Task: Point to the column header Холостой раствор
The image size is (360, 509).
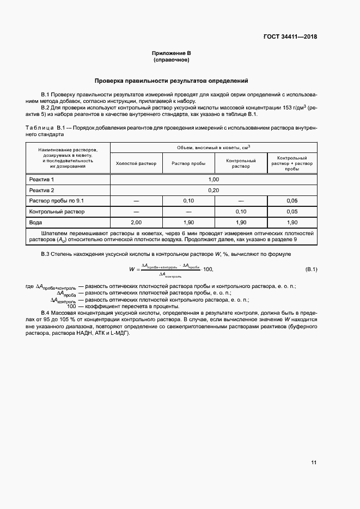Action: pyautogui.click(x=136, y=163)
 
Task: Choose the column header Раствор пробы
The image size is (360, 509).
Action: pyautogui.click(x=188, y=163)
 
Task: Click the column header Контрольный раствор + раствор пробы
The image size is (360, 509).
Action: pyautogui.click(x=291, y=163)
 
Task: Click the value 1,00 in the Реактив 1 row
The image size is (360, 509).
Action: pyautogui.click(x=213, y=179)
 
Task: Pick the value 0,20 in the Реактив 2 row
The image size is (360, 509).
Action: pyautogui.click(x=213, y=190)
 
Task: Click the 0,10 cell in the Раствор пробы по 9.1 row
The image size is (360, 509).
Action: pyautogui.click(x=188, y=201)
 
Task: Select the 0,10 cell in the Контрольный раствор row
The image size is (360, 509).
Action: pyautogui.click(x=240, y=211)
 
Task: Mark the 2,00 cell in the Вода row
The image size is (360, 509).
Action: pyautogui.click(x=136, y=223)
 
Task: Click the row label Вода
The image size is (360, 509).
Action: pyautogui.click(x=37, y=223)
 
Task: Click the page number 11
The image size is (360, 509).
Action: pyautogui.click(x=313, y=463)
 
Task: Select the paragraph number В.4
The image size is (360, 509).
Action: pyautogui.click(x=45, y=312)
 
